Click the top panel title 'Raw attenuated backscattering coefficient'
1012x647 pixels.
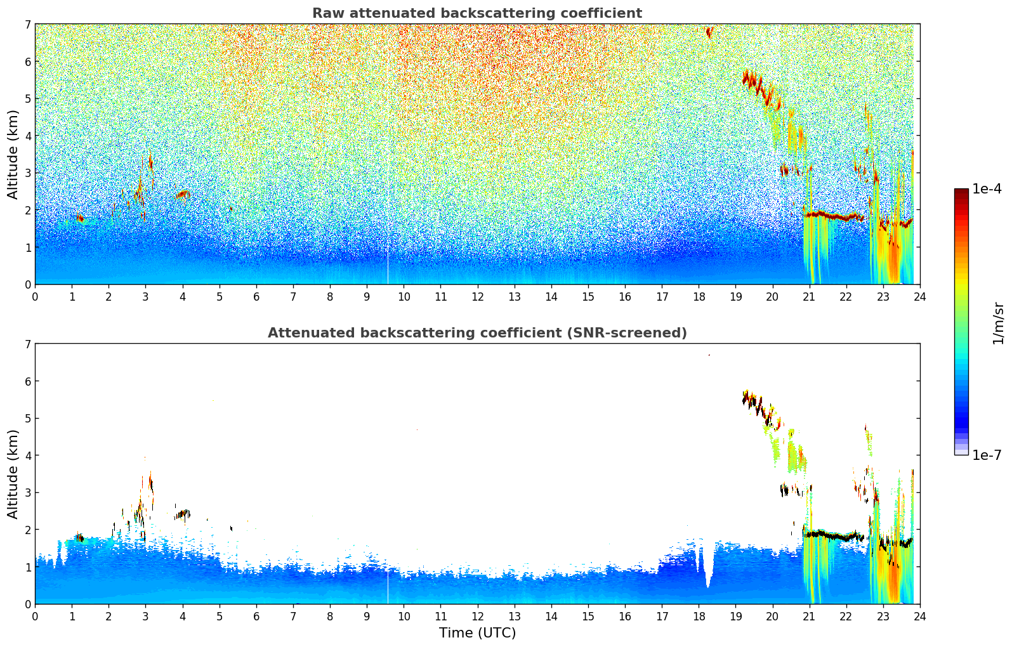[x=476, y=13]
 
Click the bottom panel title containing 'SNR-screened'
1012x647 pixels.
[x=476, y=333]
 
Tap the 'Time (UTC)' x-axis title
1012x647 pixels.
[x=477, y=633]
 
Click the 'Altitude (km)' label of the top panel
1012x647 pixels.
[x=13, y=154]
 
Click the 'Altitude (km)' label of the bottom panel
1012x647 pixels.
[x=13, y=474]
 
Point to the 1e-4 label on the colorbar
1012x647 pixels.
[x=987, y=189]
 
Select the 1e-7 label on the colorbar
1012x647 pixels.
[x=987, y=455]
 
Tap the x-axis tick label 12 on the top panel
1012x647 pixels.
[x=477, y=297]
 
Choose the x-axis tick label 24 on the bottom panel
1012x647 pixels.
[x=919, y=617]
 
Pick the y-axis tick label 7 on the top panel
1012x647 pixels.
[x=27, y=25]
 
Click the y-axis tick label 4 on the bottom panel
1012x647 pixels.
[x=27, y=455]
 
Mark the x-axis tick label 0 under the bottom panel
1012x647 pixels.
[x=35, y=617]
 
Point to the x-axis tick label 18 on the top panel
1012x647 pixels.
[x=699, y=297]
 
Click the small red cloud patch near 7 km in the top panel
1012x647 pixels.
[x=709, y=32]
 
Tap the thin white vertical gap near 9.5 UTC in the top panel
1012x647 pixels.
[x=388, y=266]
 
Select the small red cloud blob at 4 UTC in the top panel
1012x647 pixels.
[x=183, y=194]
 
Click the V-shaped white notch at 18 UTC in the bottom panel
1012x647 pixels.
[x=707, y=571]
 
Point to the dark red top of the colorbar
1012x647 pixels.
[x=961, y=192]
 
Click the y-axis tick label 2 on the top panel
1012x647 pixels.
[x=27, y=210]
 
